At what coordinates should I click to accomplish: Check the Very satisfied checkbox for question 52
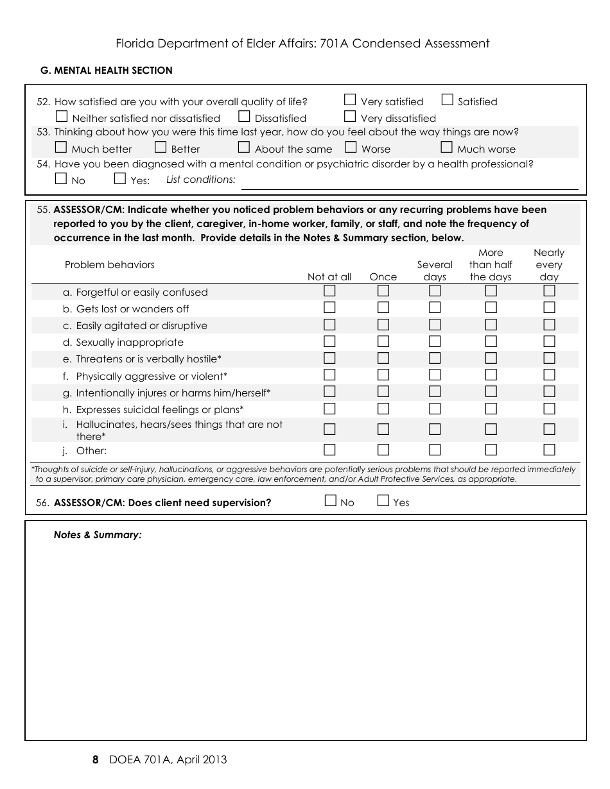(350, 99)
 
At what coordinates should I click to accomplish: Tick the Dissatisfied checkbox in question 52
(244, 116)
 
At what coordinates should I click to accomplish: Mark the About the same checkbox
(244, 148)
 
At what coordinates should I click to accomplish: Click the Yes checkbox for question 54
(120, 179)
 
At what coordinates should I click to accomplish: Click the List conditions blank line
(409, 183)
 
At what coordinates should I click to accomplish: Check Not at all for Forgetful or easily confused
(329, 291)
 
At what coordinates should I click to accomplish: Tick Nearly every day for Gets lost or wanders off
(549, 308)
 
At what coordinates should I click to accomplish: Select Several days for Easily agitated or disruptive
(435, 325)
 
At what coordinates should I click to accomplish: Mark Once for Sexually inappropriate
(383, 341)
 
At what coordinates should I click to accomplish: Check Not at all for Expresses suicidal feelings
(329, 409)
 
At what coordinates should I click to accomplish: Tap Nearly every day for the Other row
(549, 450)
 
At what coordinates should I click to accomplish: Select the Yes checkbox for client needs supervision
(383, 501)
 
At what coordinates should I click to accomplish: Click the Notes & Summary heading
(98, 535)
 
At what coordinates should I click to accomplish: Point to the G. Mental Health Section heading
(107, 71)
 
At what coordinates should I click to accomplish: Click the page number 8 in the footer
(96, 760)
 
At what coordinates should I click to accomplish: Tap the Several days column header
(435, 271)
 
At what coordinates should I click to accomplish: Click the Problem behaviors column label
(110, 265)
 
